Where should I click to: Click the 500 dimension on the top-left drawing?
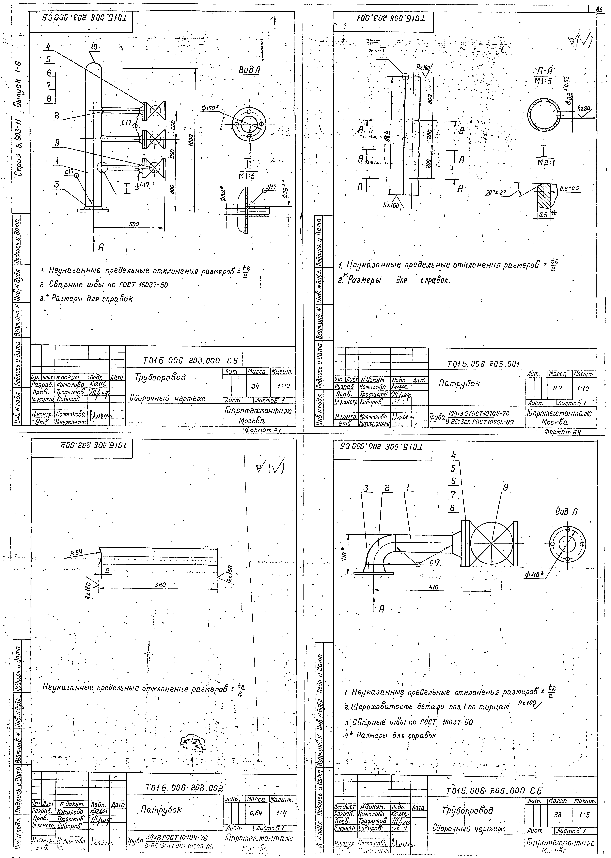(134, 224)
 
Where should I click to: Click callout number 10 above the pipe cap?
(94, 47)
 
